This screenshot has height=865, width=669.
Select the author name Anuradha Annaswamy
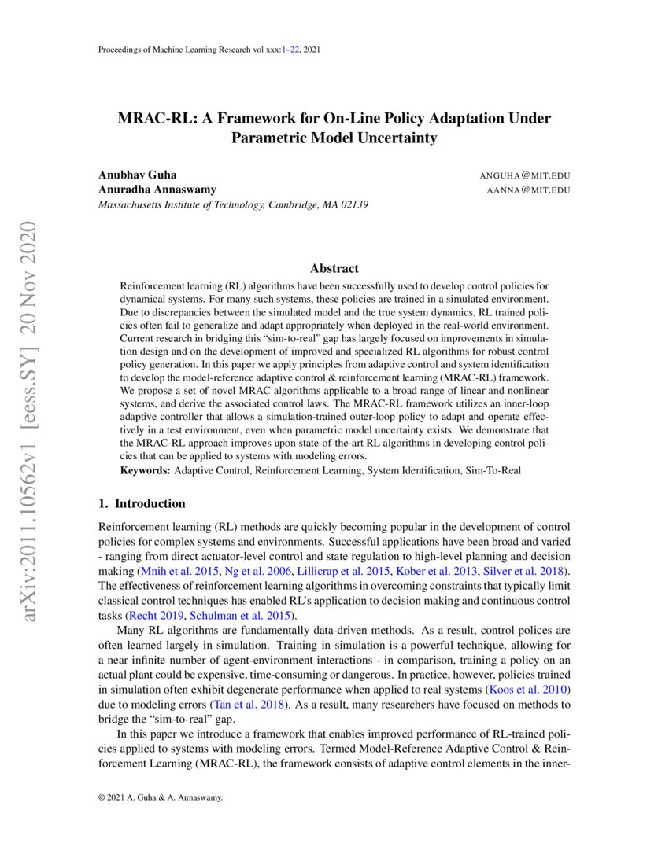(157, 190)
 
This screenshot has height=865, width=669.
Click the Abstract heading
(334, 268)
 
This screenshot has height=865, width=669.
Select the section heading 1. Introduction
(142, 503)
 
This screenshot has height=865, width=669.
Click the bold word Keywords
(146, 470)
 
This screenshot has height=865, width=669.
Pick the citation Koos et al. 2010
(523, 690)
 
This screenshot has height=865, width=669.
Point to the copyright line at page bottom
(161, 797)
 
